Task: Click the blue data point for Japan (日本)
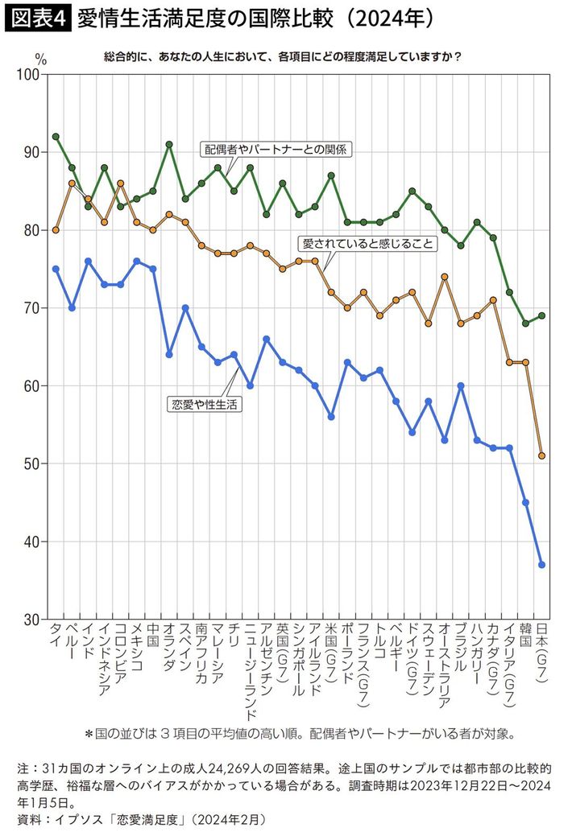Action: [x=542, y=565]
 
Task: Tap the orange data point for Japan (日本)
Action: [x=542, y=455]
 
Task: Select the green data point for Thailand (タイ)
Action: [x=56, y=137]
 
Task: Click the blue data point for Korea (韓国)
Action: [x=526, y=502]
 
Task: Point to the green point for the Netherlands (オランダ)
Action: [x=169, y=145]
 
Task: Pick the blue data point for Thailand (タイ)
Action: [x=56, y=269]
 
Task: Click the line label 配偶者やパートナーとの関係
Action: [x=278, y=149]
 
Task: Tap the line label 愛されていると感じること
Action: [x=368, y=242]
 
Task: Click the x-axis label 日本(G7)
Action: [x=542, y=656]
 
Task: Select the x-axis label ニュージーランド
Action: [x=251, y=672]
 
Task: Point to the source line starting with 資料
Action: [x=140, y=818]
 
